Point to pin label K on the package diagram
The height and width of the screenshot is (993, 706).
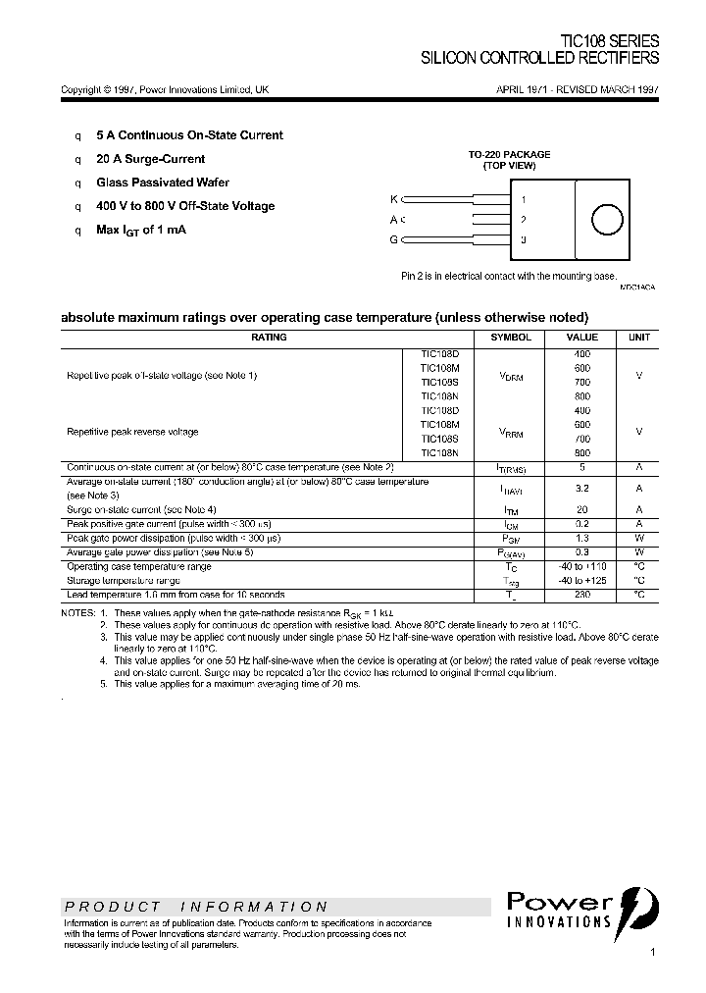point(394,199)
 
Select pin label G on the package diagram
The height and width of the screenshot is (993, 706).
point(394,239)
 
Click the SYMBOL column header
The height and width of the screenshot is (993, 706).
point(511,338)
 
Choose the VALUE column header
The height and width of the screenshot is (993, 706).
point(581,338)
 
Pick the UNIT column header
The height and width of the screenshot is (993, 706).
point(638,338)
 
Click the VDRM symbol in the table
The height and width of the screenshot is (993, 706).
point(511,375)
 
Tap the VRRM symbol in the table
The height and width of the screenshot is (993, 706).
point(511,431)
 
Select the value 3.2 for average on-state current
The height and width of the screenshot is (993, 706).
point(581,488)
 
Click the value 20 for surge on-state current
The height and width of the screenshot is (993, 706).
point(581,509)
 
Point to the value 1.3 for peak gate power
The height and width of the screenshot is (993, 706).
point(581,538)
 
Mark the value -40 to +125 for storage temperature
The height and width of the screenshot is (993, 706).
point(581,581)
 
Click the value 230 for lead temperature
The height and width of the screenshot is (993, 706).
point(581,595)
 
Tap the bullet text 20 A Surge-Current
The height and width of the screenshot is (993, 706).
point(150,159)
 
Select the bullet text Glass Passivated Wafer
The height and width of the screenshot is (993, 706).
point(162,183)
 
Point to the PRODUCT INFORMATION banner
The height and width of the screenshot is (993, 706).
point(196,907)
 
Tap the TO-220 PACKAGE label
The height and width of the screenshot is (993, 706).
point(509,155)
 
